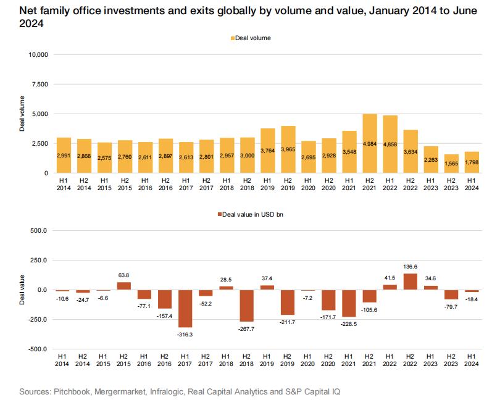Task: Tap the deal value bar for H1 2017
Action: click(x=185, y=308)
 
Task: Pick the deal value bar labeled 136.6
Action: click(x=409, y=281)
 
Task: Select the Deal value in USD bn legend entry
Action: click(x=252, y=214)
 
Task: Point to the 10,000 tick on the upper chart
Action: click(x=36, y=55)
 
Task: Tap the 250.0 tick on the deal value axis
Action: click(x=38, y=260)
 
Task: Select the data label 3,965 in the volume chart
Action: click(x=287, y=150)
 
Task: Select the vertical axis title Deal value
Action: click(x=23, y=290)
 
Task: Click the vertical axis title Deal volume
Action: click(x=23, y=114)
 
